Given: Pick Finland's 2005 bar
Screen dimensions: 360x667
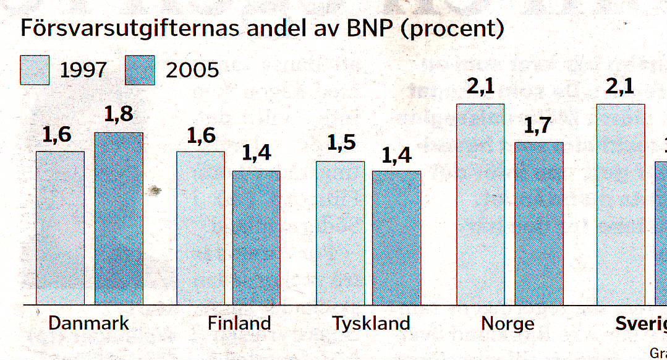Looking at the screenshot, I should (256, 238).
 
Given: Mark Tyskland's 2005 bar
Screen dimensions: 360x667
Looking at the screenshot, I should (396, 238).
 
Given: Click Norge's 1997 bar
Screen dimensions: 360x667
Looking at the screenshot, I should (480, 204).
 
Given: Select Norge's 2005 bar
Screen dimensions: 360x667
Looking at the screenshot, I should (539, 223).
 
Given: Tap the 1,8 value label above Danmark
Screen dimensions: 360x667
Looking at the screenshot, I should (119, 116).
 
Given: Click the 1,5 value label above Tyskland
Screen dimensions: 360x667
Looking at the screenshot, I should (341, 144).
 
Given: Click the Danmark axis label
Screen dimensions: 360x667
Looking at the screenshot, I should (89, 324).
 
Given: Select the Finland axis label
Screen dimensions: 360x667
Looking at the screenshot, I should (239, 324).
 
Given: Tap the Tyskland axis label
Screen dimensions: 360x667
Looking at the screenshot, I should (371, 324).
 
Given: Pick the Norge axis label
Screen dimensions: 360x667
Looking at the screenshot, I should (508, 324).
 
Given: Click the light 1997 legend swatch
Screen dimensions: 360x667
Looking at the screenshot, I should (35, 70).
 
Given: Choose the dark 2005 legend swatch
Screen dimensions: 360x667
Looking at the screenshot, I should (140, 70).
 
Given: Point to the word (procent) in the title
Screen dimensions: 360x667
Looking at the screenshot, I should (452, 30).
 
